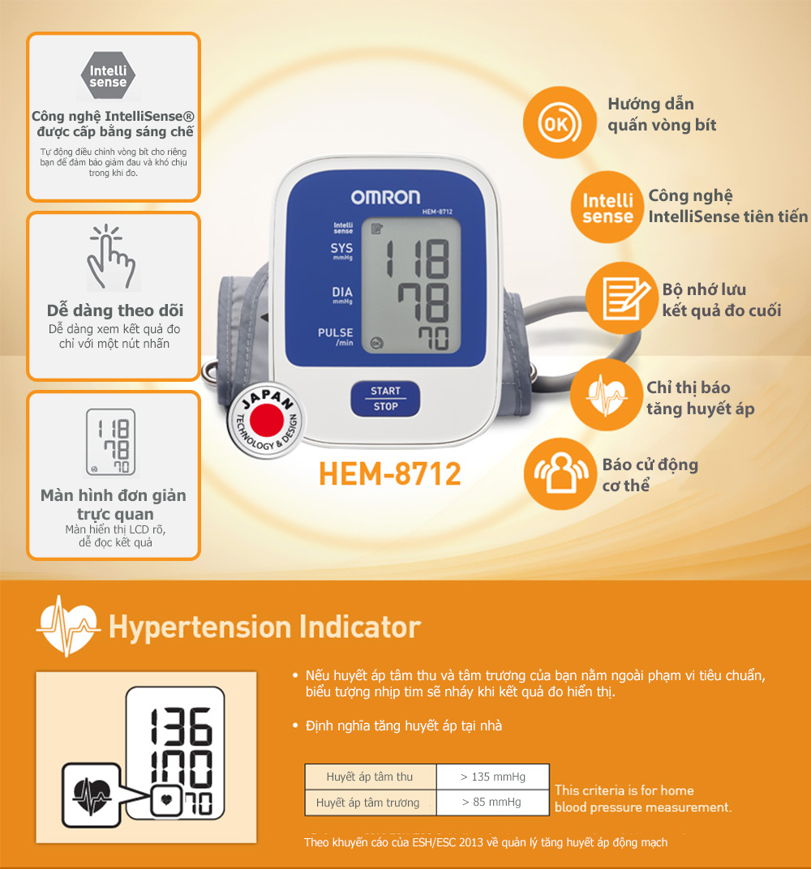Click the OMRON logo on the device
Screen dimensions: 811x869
point(385,197)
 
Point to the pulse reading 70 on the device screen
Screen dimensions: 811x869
point(434,338)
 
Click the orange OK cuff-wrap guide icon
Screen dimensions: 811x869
point(560,122)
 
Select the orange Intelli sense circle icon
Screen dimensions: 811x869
point(607,208)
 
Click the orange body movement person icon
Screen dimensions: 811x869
point(560,474)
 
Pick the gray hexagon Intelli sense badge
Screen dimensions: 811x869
point(108,76)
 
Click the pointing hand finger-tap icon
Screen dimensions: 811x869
point(111,258)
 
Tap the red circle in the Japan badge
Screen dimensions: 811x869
point(267,420)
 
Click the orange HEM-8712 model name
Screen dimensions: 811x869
point(390,474)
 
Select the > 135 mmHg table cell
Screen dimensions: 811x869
point(493,777)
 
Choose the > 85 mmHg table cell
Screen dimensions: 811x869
point(493,803)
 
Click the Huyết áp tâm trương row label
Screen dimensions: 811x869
point(367,803)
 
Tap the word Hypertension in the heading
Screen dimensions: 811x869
point(200,628)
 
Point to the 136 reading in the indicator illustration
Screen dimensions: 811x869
point(182,726)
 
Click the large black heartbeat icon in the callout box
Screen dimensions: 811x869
point(92,796)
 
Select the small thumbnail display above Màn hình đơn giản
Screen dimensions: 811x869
point(111,443)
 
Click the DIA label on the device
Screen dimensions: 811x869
point(342,292)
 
